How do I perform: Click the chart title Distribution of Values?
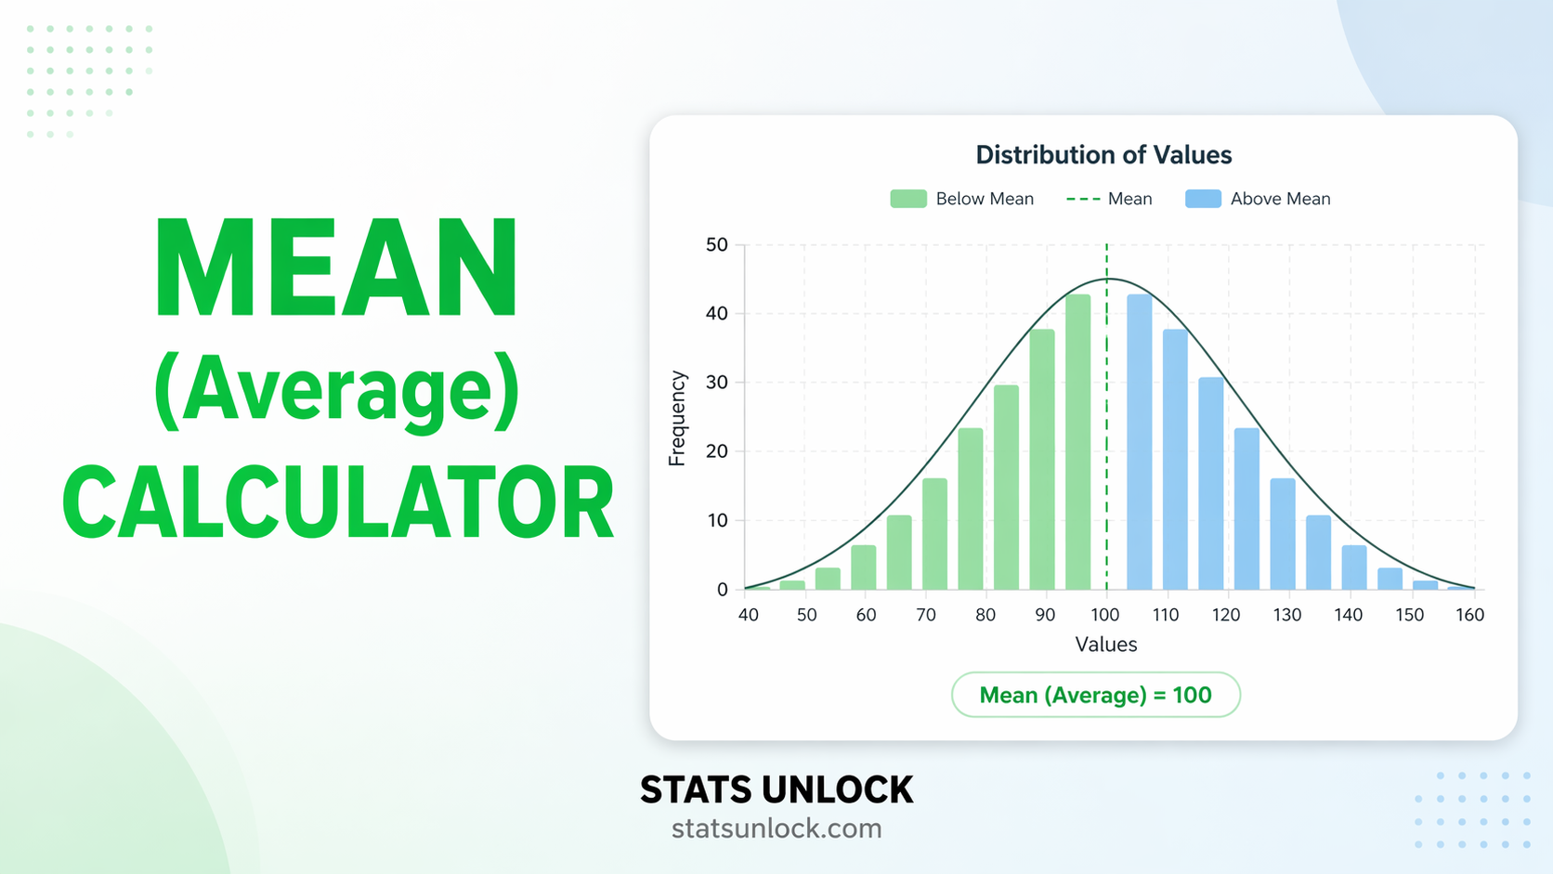coord(1103,155)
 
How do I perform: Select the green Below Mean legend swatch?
coord(907,199)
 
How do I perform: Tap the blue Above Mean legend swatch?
coord(1203,199)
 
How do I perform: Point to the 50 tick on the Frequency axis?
coord(717,245)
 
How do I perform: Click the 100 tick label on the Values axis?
coord(1105,615)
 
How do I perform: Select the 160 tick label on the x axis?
coord(1469,615)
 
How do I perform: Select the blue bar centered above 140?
coord(1354,567)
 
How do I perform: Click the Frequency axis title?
coord(677,418)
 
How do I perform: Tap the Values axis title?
coord(1105,645)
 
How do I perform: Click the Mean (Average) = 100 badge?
coord(1095,695)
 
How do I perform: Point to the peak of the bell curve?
coord(1107,279)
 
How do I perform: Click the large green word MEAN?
coord(336,268)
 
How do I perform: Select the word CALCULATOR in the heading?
coord(338,502)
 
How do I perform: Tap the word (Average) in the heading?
coord(336,390)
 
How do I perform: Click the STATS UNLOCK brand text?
coord(776,790)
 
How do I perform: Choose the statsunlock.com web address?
coord(776,828)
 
